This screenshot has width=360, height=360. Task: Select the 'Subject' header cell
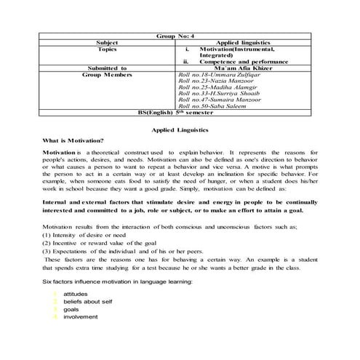[x=116, y=42]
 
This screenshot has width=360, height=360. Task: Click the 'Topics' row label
[x=116, y=49]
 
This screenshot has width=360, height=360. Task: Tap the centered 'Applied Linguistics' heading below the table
[x=180, y=129]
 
